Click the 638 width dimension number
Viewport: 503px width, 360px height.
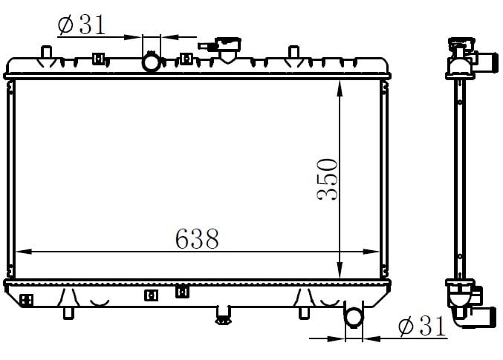197,239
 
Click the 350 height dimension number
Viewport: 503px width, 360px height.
327,180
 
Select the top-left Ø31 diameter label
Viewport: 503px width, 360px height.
82,24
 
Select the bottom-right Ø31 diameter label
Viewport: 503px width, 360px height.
422,327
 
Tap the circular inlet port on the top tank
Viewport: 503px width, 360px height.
151,62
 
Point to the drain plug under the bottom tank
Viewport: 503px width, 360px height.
224,315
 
